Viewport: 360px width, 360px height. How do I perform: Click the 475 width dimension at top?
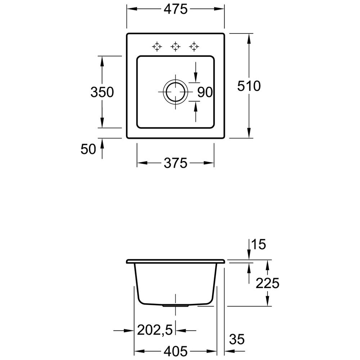[176, 9]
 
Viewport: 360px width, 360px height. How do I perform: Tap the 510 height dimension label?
[249, 86]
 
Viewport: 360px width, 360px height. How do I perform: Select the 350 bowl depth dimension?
[102, 92]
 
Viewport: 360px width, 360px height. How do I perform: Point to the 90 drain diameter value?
[205, 92]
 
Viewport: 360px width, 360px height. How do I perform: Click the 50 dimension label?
[88, 149]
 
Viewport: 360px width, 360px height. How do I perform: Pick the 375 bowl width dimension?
[176, 163]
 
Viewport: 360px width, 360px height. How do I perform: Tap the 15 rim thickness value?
[259, 244]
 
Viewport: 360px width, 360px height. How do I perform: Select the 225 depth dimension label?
[267, 283]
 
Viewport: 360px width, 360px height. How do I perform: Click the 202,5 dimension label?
[155, 330]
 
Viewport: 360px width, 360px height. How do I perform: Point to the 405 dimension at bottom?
[176, 351]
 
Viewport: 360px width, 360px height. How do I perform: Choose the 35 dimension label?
[237, 339]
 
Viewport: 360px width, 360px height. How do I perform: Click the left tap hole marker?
[157, 46]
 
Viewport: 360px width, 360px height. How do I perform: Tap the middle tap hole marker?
[175, 46]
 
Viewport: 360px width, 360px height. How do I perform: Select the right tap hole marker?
[194, 46]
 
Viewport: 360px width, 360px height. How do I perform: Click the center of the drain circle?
[175, 92]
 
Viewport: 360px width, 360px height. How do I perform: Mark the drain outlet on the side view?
[175, 306]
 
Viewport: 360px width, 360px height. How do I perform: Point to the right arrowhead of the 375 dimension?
[209, 163]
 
